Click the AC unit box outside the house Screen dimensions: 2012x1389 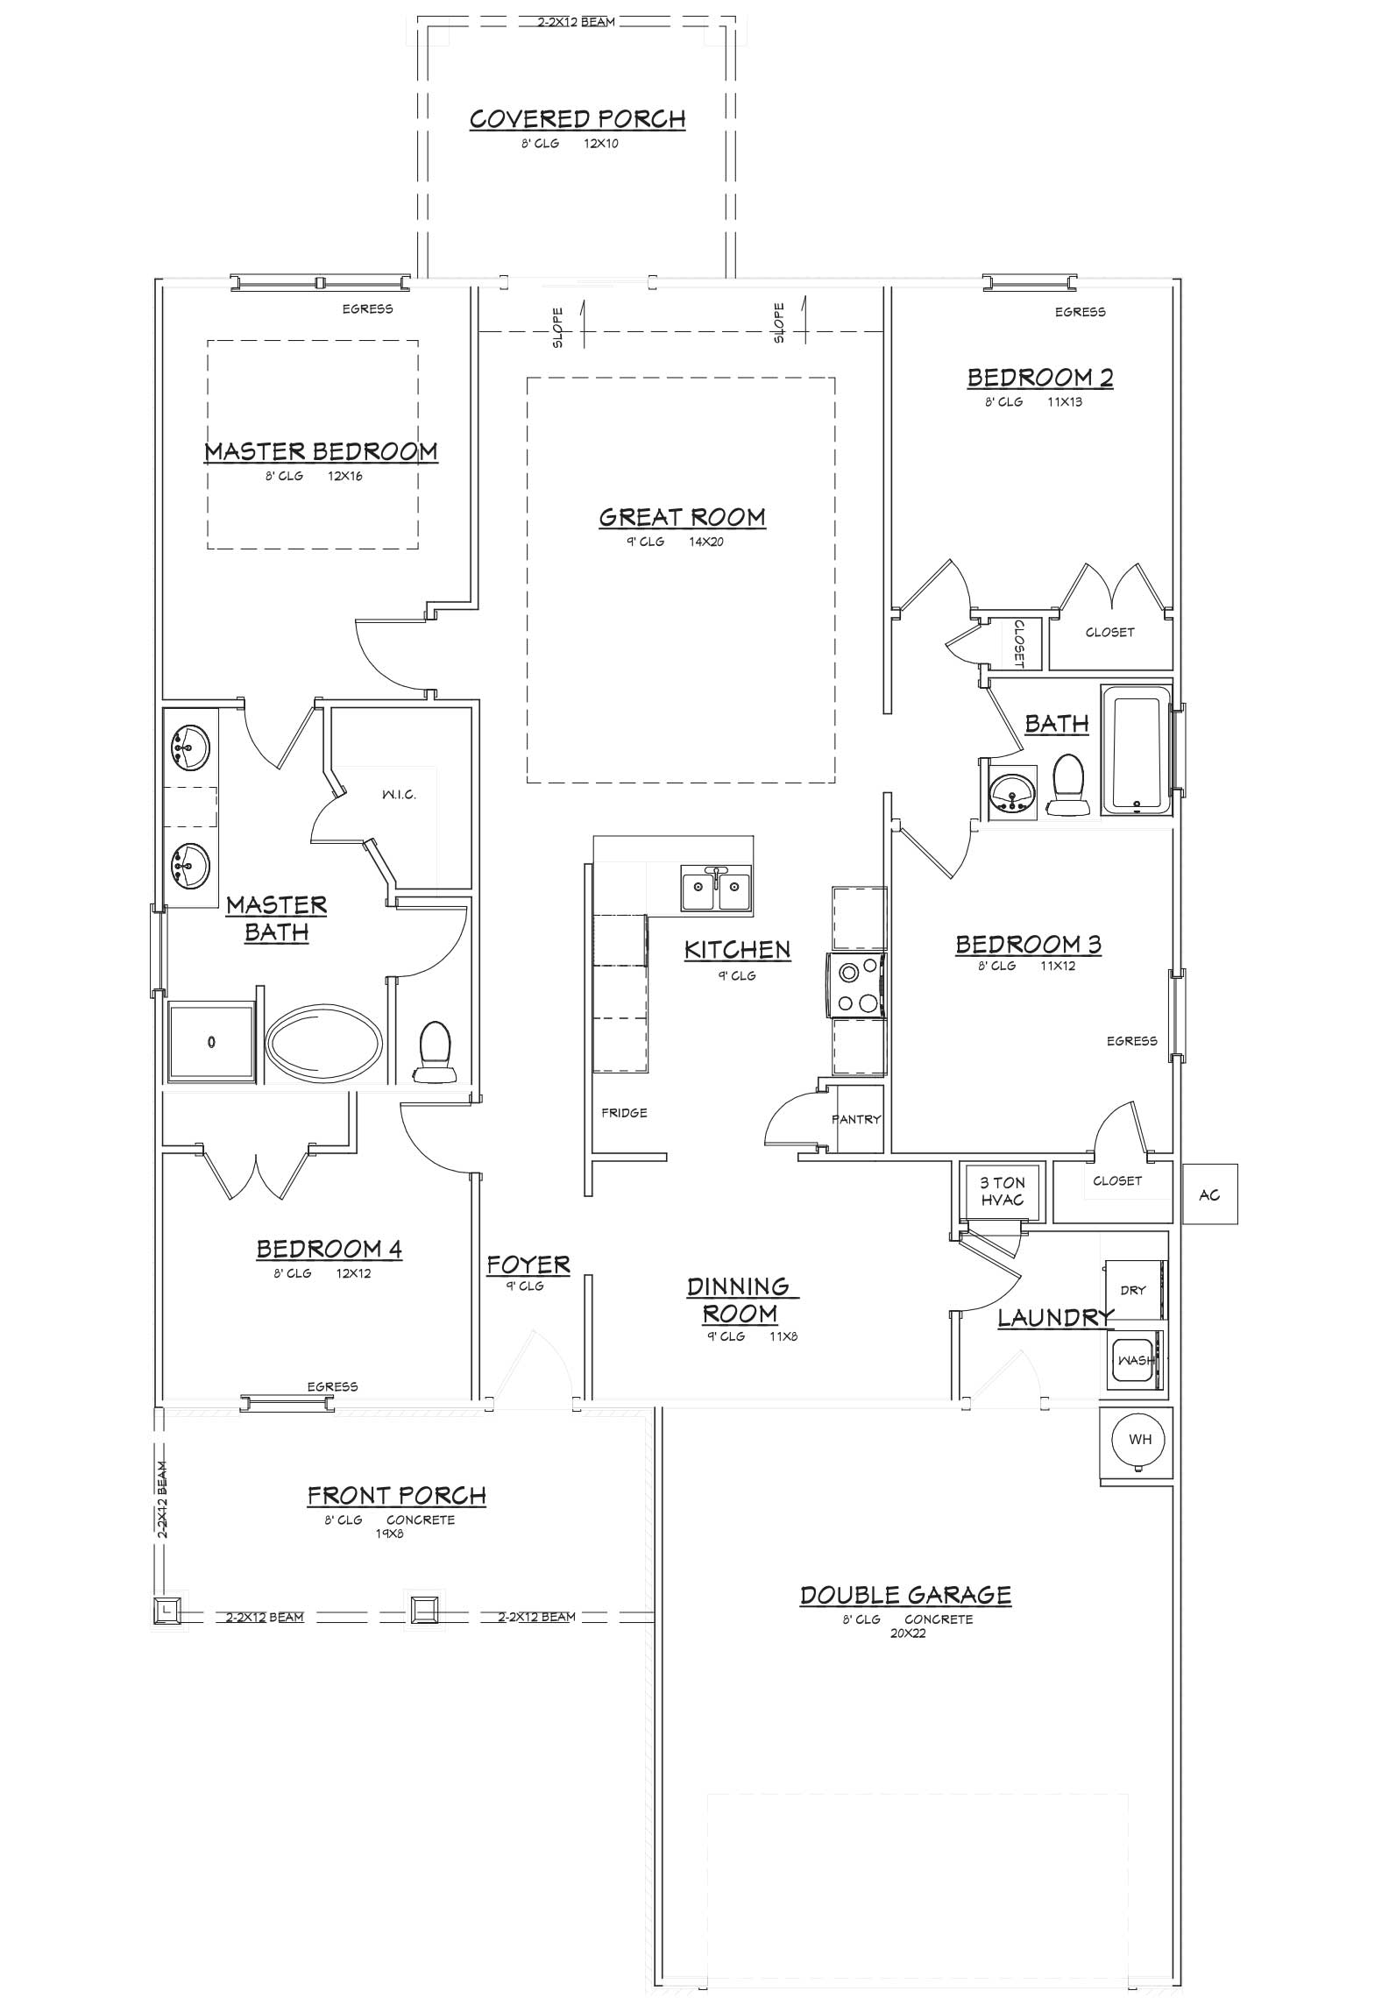pos(1209,1194)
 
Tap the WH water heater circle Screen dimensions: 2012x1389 pos(1139,1439)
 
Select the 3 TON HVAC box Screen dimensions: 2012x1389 pos(1003,1192)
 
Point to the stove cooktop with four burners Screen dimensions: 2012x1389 pos(856,987)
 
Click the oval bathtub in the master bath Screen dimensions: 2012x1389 pos(324,1043)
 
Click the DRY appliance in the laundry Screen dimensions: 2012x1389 pos(1134,1290)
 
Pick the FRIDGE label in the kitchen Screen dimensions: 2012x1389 pos(624,1113)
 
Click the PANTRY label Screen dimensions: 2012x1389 pos(856,1119)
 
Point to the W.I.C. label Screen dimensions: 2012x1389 pos(399,795)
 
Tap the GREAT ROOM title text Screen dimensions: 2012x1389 pos(682,517)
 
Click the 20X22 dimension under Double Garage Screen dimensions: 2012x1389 pos(907,1633)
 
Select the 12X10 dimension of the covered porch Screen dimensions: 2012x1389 pos(601,143)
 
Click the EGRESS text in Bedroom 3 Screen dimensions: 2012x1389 pos(1131,1041)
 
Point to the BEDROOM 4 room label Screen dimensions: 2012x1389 pos(329,1249)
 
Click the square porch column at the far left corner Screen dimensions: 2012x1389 pos(167,1609)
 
